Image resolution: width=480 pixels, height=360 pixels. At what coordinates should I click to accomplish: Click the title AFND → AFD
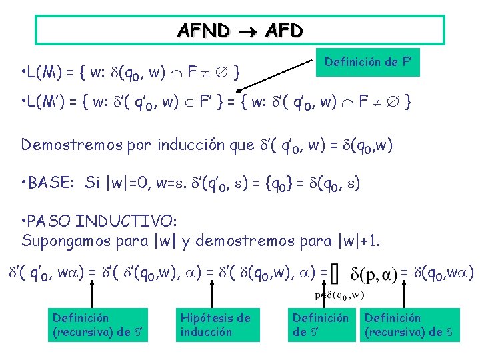click(240, 30)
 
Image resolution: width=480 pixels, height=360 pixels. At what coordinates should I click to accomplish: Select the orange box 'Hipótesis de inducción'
click(215, 325)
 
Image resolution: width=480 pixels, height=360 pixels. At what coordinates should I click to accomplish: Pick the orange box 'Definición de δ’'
click(321, 325)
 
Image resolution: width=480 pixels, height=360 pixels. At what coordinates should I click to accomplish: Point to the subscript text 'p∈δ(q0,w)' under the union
click(340, 295)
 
